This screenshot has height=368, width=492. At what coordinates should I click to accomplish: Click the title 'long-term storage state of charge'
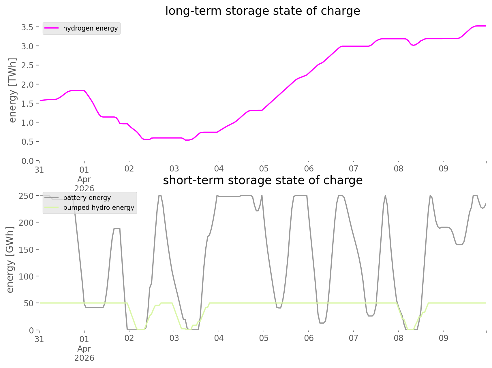[262, 11]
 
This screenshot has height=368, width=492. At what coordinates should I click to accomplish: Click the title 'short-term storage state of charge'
[262, 180]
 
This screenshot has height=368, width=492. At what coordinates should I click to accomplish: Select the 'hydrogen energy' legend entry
[90, 28]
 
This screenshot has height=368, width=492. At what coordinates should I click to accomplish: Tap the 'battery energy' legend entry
[87, 198]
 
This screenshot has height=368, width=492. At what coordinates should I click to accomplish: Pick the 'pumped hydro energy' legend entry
[99, 207]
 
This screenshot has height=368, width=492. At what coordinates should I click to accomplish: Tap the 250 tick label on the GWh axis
[26, 196]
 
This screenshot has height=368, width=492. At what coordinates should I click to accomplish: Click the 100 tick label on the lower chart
[26, 276]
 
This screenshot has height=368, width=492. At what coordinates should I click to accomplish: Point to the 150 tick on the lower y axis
[26, 250]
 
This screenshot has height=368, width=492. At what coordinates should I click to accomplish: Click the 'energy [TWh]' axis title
[12, 90]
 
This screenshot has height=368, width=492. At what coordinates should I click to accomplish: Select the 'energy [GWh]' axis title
[10, 260]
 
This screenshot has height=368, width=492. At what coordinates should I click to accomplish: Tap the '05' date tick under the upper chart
[264, 169]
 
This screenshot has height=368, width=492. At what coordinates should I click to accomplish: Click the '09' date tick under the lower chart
[443, 338]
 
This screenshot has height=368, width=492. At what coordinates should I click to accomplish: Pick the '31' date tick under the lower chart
[39, 339]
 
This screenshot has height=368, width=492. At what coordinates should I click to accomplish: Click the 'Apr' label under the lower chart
[84, 349]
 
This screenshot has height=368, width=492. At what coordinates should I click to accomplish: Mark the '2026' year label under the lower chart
[84, 358]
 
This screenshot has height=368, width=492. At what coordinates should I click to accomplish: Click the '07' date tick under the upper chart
[354, 169]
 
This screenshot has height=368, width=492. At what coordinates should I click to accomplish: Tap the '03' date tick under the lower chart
[174, 338]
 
